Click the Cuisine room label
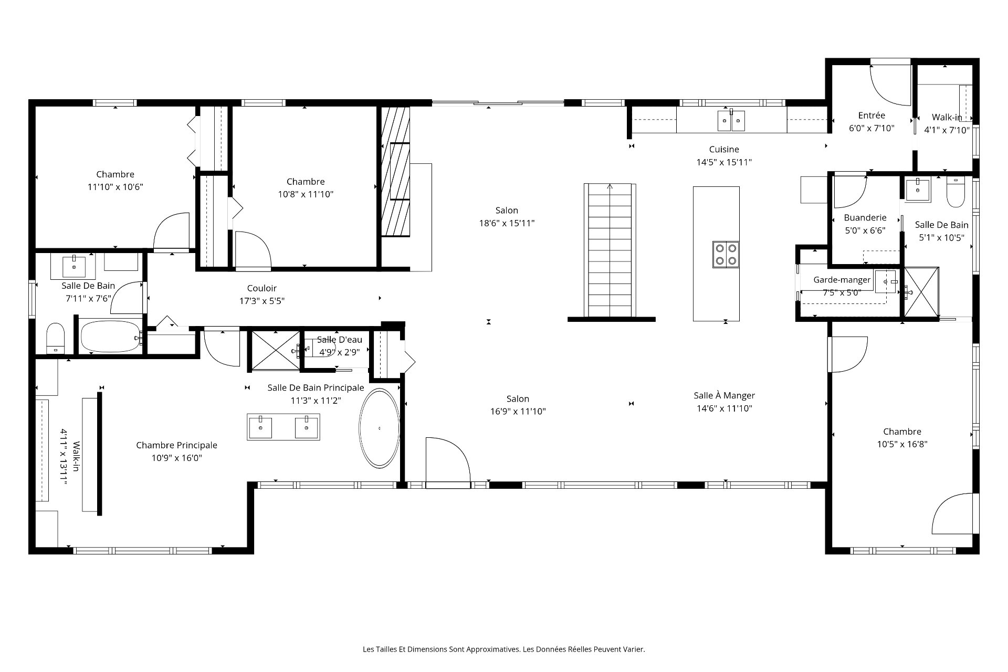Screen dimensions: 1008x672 tap(724, 150)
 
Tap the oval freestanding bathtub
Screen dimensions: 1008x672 tap(379, 428)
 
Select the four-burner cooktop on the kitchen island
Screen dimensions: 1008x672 tap(726, 254)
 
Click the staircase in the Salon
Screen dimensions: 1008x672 tap(610, 250)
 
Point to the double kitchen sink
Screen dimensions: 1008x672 tap(731, 120)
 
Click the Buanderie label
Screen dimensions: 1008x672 tap(865, 217)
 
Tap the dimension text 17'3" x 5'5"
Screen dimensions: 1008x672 tap(261, 301)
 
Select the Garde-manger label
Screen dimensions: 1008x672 tap(842, 280)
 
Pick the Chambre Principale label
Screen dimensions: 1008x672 tap(176, 445)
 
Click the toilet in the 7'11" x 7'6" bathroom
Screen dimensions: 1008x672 tap(55, 338)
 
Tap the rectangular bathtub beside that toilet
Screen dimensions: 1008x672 tap(111, 337)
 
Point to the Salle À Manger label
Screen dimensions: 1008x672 tap(724, 396)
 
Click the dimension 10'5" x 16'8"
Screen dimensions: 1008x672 tap(902, 444)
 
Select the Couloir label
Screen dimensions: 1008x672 tap(261, 288)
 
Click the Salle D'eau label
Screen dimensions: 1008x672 tap(339, 340)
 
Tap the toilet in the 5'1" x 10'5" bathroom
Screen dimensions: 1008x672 tap(955, 193)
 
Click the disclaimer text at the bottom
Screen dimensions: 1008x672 tap(504, 649)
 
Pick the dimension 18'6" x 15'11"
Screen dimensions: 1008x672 tap(507, 223)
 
